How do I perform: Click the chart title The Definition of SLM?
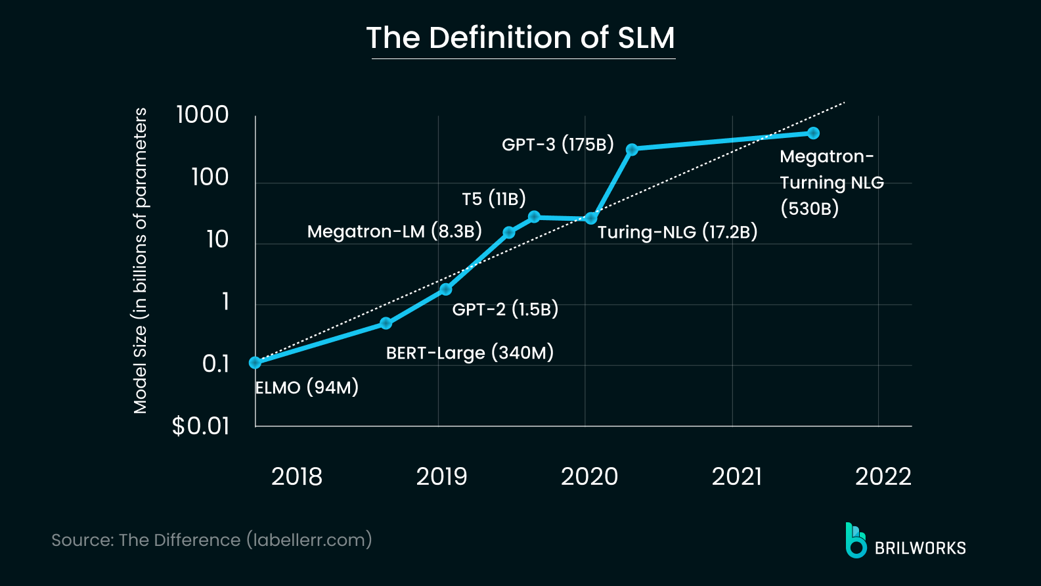(520, 37)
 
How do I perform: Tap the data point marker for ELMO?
(255, 363)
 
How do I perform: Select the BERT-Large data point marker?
(386, 323)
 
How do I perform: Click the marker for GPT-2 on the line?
(446, 289)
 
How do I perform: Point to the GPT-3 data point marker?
(632, 149)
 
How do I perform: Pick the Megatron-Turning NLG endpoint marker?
(813, 133)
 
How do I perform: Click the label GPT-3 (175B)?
(558, 144)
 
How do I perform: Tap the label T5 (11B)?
(493, 198)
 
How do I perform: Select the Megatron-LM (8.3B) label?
(394, 231)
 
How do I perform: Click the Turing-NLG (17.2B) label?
(677, 232)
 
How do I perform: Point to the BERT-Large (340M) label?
(470, 353)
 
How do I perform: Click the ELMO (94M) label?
(307, 387)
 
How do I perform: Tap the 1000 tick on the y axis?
(202, 114)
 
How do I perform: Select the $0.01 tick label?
(200, 426)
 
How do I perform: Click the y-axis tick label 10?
(217, 239)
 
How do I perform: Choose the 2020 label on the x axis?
(589, 476)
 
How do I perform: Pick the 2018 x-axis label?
(296, 476)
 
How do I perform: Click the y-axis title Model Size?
(141, 261)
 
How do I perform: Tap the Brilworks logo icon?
(855, 541)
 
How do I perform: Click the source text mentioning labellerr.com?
(211, 540)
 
